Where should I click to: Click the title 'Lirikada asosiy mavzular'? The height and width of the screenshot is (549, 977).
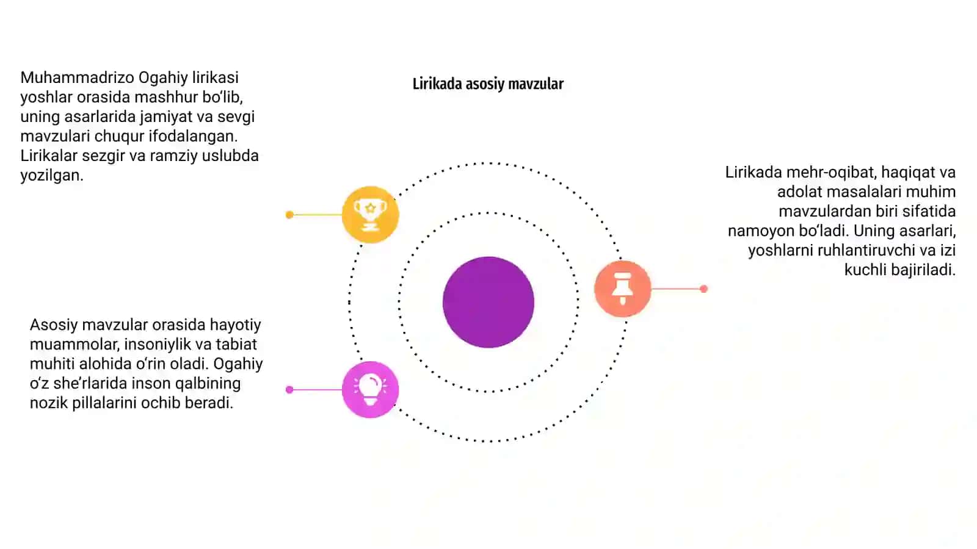click(488, 84)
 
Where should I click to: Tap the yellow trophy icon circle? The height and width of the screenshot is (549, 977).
click(370, 214)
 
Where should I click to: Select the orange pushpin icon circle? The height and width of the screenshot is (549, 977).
click(622, 289)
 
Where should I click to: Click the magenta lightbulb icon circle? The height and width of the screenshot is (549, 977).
click(370, 390)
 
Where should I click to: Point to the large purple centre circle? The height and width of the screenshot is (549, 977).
click(488, 302)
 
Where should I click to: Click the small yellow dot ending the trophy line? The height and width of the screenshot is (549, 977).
click(289, 214)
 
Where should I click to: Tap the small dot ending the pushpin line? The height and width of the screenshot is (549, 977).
click(703, 289)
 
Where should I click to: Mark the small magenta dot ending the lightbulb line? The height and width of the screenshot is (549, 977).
click(289, 390)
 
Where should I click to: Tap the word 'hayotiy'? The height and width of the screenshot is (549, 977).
click(235, 325)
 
